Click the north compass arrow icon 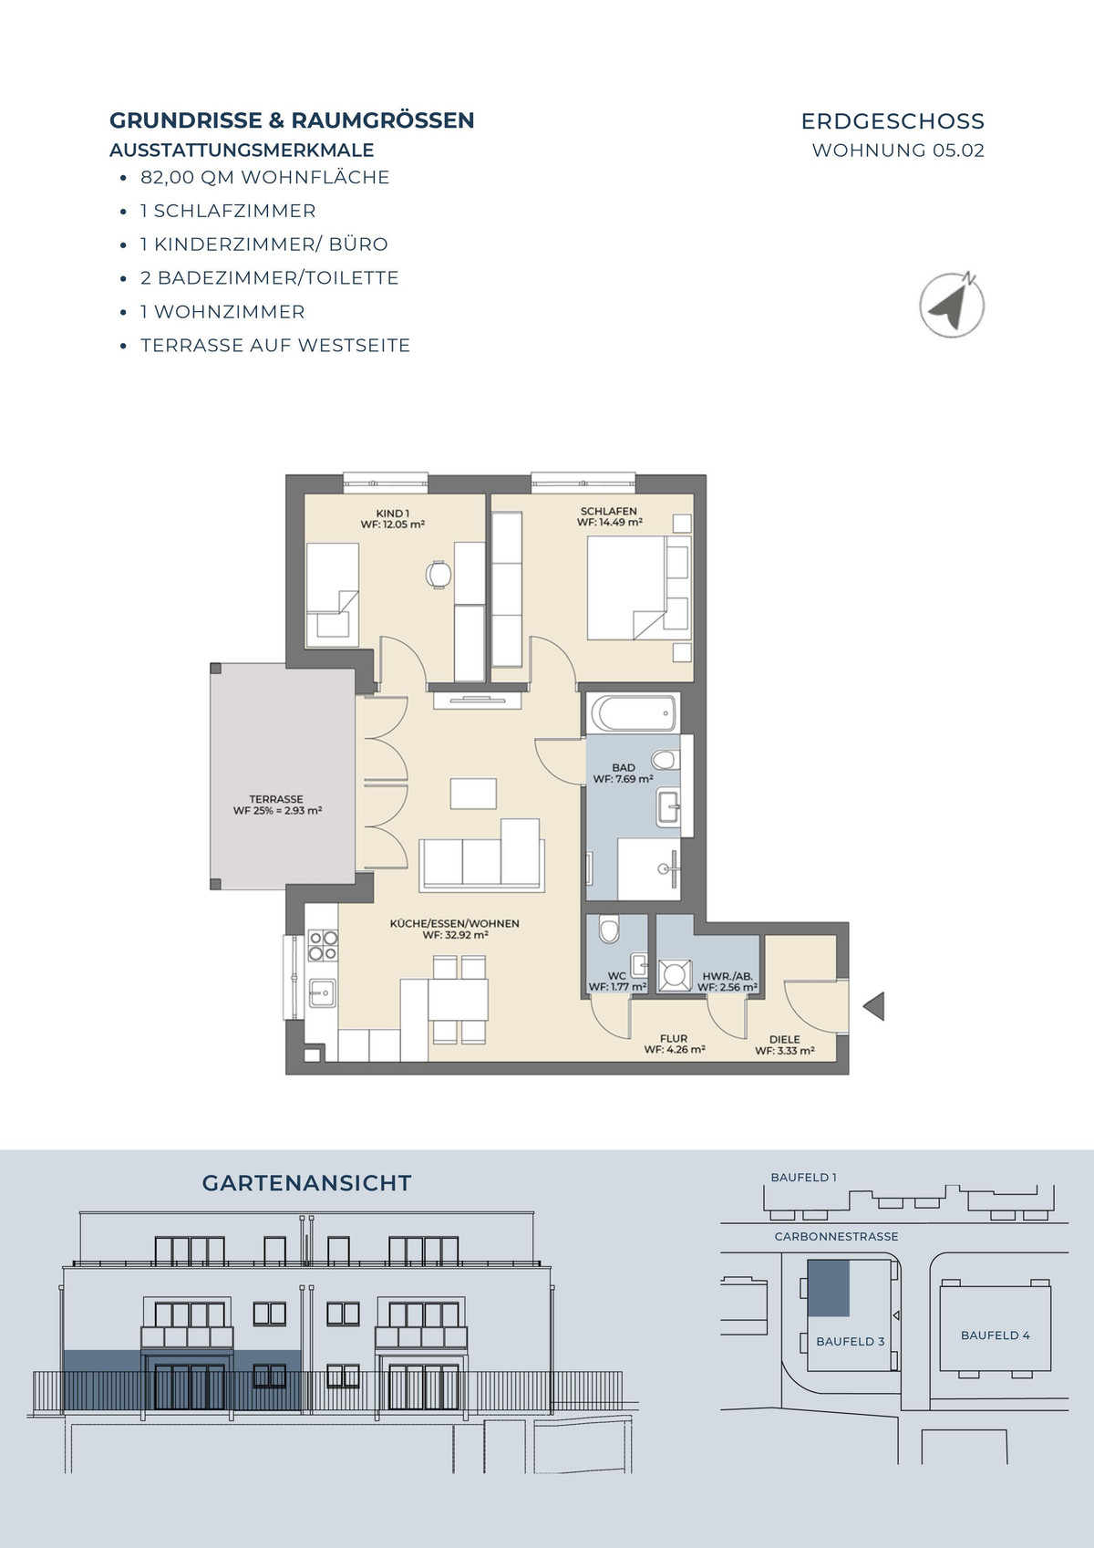pyautogui.click(x=952, y=305)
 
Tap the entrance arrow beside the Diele pyautogui.click(x=874, y=1005)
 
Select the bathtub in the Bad pyautogui.click(x=634, y=712)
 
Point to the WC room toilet pyautogui.click(x=608, y=929)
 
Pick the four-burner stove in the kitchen pyautogui.click(x=323, y=945)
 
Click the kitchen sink pyautogui.click(x=322, y=993)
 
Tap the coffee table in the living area pyautogui.click(x=473, y=794)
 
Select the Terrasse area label pyautogui.click(x=277, y=805)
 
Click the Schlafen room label pyautogui.click(x=609, y=517)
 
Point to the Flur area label pyautogui.click(x=674, y=1044)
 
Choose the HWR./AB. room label pyautogui.click(x=728, y=982)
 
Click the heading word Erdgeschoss pyautogui.click(x=893, y=121)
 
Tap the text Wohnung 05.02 pyautogui.click(x=898, y=150)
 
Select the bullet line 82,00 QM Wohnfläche pyautogui.click(x=264, y=178)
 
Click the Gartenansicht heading pyautogui.click(x=306, y=1183)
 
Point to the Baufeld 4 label pyautogui.click(x=996, y=1335)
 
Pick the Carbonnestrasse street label pyautogui.click(x=836, y=1236)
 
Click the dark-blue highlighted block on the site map pyautogui.click(x=828, y=1288)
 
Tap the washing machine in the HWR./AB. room pyautogui.click(x=674, y=975)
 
